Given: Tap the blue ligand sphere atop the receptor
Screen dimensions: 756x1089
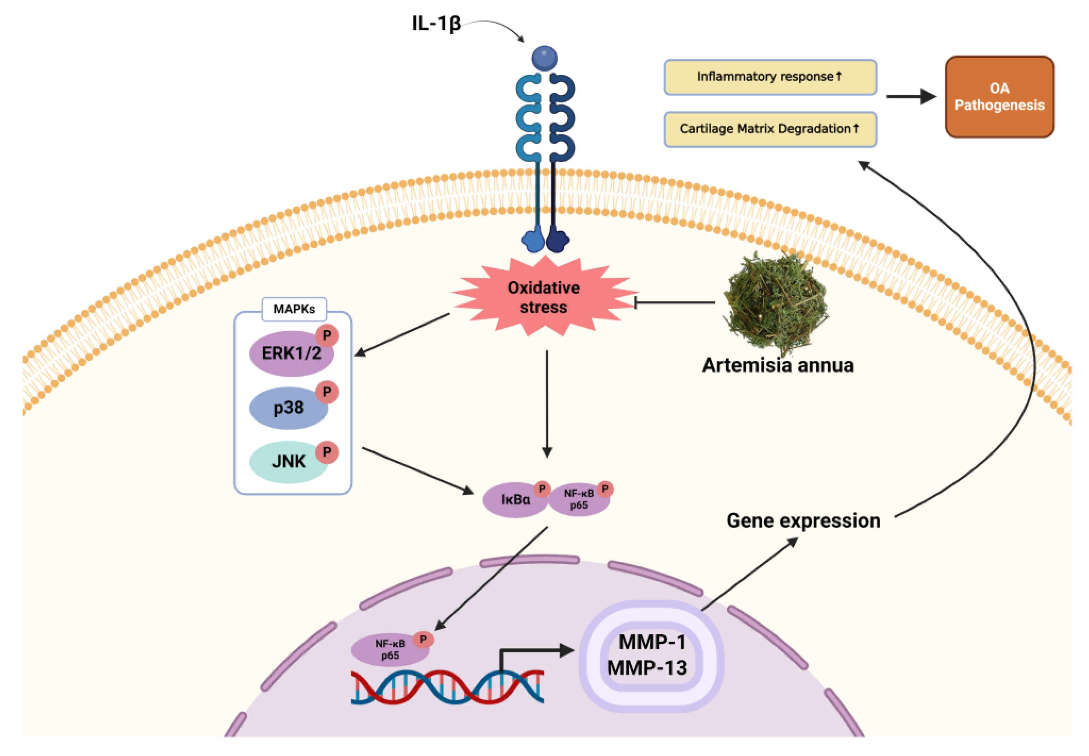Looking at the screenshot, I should (x=545, y=58).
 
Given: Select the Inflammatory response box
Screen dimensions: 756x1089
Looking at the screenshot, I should (x=770, y=77).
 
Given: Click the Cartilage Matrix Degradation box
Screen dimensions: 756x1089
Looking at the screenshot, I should (x=770, y=129).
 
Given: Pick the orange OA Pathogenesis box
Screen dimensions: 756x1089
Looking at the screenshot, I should (x=999, y=97).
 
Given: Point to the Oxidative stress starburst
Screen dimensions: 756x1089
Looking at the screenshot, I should (x=544, y=297).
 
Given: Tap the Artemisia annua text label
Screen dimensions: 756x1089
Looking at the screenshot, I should (x=777, y=365).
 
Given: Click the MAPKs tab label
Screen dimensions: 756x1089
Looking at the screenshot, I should (x=294, y=309).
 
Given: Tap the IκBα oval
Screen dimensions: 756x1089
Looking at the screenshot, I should (x=514, y=500).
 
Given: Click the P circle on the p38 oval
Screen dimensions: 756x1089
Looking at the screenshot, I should (x=327, y=392).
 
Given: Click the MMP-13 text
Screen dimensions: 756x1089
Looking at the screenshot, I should (x=647, y=668).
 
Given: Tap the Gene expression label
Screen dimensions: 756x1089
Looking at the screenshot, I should (x=803, y=521).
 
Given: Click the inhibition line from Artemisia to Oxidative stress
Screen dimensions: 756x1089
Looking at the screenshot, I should (x=675, y=302).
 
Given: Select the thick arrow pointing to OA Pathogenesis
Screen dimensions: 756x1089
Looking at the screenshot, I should (x=910, y=97).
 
